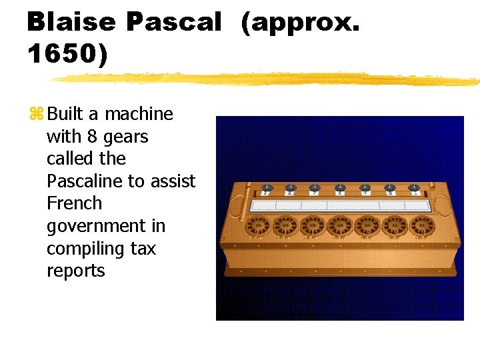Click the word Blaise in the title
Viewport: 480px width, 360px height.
coord(71,22)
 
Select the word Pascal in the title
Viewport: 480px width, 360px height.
coord(173,22)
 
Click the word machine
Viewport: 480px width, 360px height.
coord(139,114)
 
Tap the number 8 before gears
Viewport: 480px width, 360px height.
coord(91,137)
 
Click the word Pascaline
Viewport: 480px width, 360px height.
coord(84,181)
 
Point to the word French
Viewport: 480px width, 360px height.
coord(73,203)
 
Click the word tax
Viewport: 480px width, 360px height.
coord(143,249)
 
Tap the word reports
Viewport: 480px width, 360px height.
coord(75,271)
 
